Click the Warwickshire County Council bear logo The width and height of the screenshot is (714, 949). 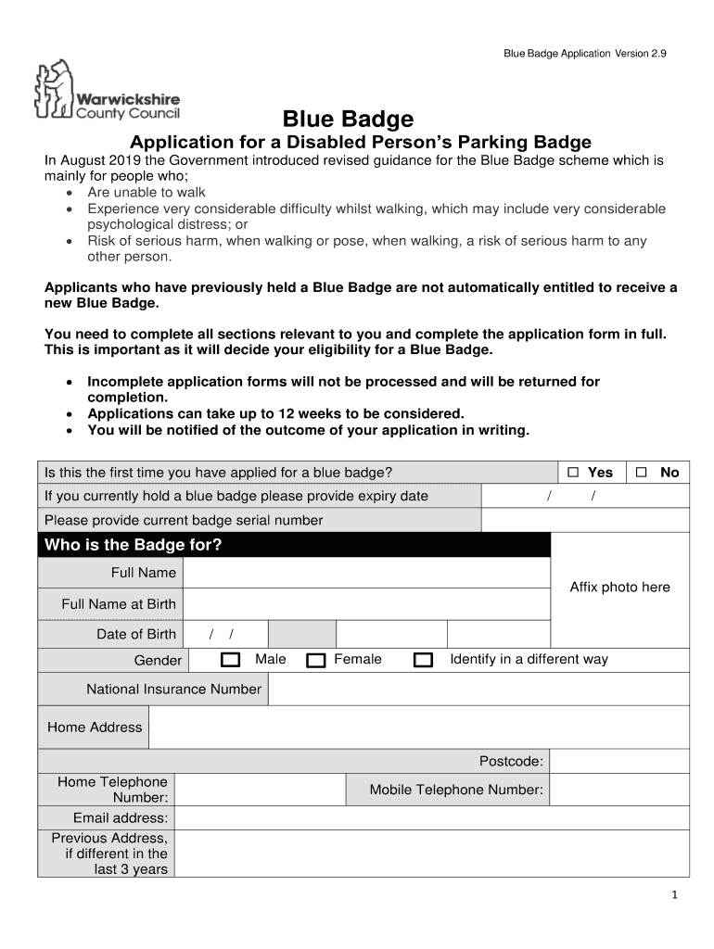54,90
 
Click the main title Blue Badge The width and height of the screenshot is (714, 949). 348,119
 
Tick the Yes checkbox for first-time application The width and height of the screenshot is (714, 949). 573,473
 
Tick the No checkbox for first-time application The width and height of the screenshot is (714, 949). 641,473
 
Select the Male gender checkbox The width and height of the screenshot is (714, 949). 231,660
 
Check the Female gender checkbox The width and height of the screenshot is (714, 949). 316,660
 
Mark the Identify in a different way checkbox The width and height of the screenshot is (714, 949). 423,660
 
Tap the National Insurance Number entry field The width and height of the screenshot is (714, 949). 478,690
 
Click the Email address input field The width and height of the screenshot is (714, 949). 431,817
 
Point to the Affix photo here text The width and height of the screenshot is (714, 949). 619,588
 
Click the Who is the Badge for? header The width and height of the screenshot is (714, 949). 134,545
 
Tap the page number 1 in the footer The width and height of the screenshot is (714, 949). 676,894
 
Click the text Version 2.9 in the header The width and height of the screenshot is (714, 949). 640,55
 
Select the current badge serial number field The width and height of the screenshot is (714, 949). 586,521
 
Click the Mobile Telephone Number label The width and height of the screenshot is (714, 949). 456,790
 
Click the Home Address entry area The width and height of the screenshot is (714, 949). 418,728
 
